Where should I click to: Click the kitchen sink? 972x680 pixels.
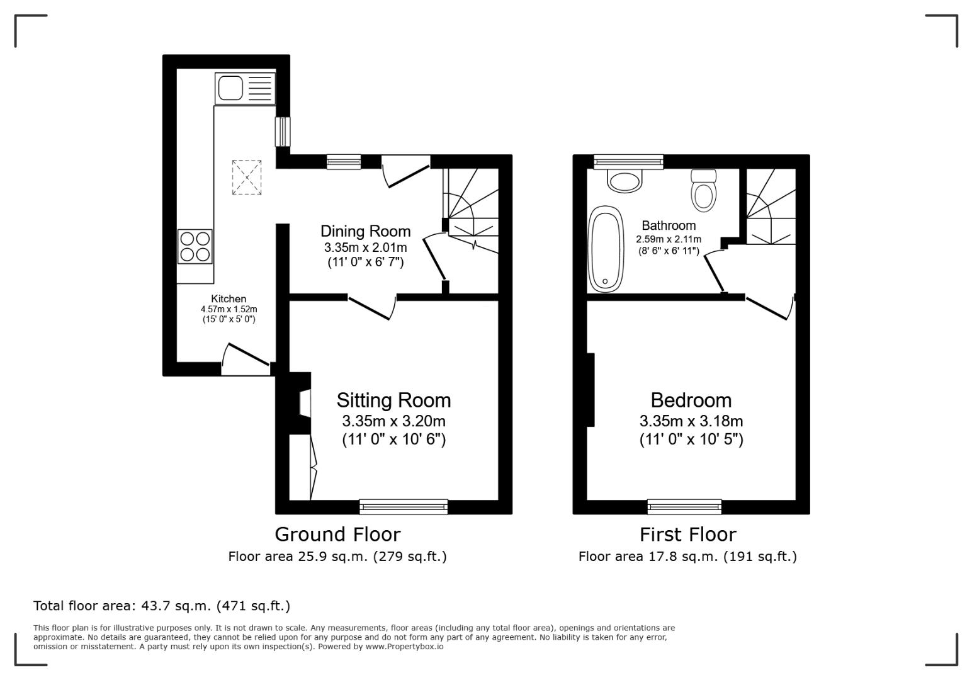pos(245,88)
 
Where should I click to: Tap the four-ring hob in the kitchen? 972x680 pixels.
pos(195,246)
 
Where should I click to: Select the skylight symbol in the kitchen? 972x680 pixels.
pos(247,178)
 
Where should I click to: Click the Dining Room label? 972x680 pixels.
pos(365,231)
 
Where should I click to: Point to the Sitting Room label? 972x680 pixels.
pos(393,400)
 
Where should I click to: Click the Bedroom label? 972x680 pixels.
pos(691,400)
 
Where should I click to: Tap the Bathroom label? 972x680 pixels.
pos(669,225)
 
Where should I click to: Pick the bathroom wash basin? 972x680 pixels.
pos(624,181)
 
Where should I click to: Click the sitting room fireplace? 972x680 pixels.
pos(300,403)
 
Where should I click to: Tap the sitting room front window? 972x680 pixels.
pos(404,506)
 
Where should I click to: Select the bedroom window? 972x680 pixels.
pos(684,506)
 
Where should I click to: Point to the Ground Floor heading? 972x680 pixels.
pos(337,535)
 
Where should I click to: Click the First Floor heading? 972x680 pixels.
pos(687,535)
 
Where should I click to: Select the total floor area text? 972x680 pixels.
pos(162,606)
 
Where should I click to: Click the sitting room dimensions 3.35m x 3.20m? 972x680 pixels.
pos(393,421)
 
